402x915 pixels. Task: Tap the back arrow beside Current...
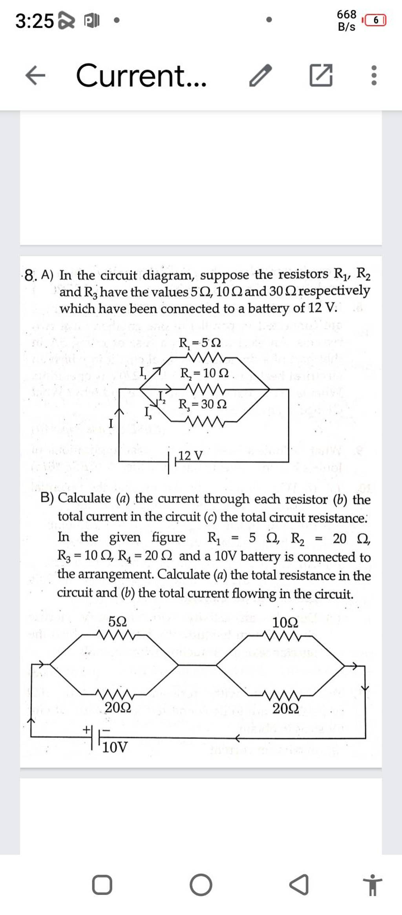click(35, 75)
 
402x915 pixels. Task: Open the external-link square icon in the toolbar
click(321, 75)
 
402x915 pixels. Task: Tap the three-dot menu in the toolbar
click(374, 75)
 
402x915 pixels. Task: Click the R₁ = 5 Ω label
click(200, 343)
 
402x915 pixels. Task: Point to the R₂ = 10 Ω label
click(204, 373)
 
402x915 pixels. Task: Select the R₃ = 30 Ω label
click(203, 404)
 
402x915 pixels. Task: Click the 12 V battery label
click(191, 456)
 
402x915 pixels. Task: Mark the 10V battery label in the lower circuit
click(115, 747)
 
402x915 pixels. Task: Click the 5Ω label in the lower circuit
click(118, 621)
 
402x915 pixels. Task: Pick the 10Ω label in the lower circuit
click(285, 622)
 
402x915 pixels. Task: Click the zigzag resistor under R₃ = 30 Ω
click(207, 422)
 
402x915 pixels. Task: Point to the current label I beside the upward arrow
click(111, 423)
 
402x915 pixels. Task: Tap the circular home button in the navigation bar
click(201, 885)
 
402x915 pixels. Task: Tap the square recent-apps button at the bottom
click(102, 885)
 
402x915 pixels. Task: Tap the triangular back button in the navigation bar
click(299, 885)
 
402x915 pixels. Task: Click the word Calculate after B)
click(84, 498)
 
